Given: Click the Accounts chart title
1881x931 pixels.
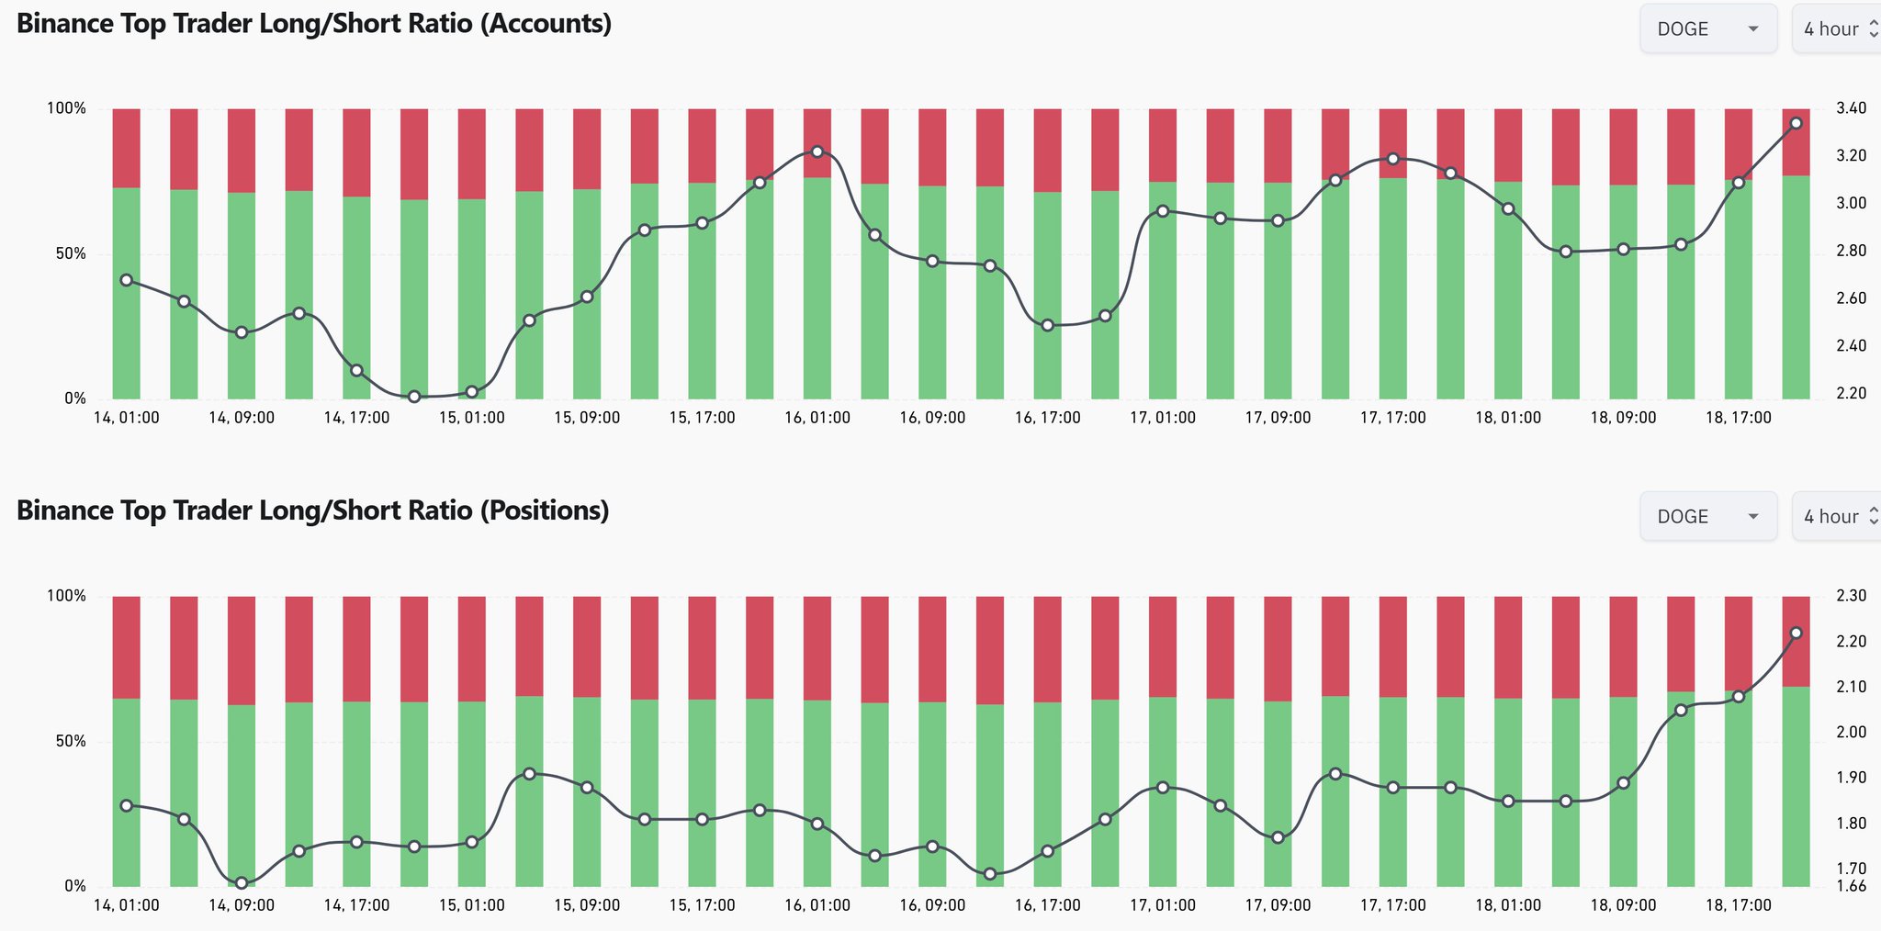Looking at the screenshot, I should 314,24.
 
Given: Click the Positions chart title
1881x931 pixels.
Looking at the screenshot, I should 313,510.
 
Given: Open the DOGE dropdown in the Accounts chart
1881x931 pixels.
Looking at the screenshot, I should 1707,29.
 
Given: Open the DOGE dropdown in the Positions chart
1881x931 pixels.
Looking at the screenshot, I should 1707,517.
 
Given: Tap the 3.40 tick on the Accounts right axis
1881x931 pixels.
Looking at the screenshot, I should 1851,108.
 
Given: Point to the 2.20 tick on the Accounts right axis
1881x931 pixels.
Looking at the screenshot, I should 1851,394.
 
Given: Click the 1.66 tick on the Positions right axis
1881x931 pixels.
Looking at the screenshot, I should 1851,887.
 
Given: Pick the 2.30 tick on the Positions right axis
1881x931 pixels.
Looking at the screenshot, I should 1851,596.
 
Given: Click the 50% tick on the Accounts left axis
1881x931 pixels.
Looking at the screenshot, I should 66,253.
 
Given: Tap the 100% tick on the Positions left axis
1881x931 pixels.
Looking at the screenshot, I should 66,596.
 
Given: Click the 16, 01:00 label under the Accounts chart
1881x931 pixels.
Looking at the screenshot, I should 817,418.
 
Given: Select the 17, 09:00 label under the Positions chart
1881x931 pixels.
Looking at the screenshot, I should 1278,905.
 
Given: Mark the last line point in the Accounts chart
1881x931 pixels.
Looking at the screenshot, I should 1797,123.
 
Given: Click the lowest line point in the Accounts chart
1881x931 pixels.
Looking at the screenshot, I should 414,397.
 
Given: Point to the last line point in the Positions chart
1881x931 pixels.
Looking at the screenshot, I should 1797,634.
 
